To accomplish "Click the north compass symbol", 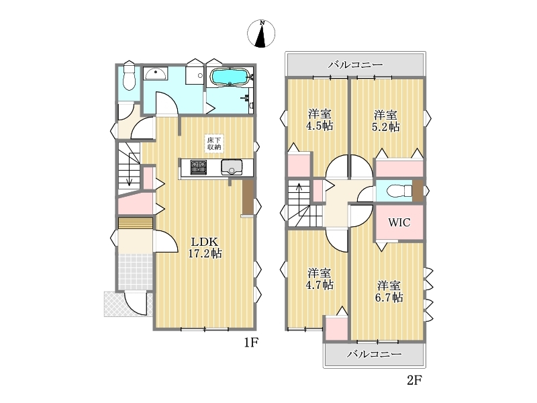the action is click(261, 33).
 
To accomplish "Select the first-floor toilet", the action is click(129, 78).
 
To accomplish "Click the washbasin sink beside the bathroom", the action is click(155, 74).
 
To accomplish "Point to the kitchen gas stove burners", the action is click(199, 167).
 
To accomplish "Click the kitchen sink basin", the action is click(232, 167).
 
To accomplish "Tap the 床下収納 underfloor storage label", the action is click(214, 143).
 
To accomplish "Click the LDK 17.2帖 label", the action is click(205, 247).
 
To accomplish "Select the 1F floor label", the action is click(250, 343).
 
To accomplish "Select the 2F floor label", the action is click(414, 380).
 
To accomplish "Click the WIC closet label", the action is click(399, 222).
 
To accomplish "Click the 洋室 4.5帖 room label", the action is click(320, 120).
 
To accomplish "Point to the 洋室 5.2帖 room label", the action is click(385, 121).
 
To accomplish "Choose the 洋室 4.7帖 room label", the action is click(320, 279).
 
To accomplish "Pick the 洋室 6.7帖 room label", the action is click(389, 292).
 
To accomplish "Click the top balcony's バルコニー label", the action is click(355, 64).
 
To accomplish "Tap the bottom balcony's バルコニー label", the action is click(374, 354).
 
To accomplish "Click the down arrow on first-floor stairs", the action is click(129, 169).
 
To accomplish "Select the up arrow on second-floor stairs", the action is click(299, 199).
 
